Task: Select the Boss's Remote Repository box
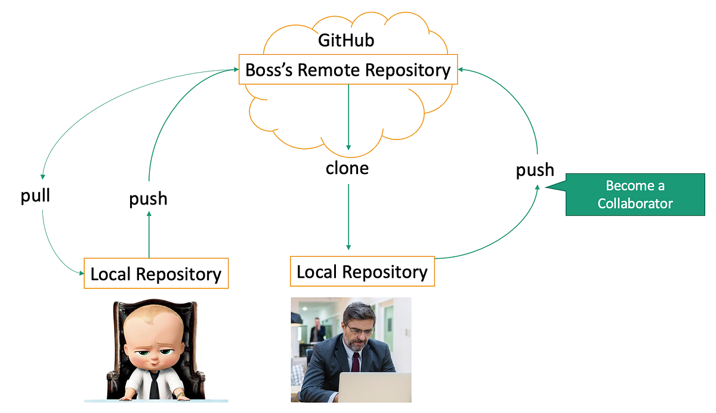pyautogui.click(x=348, y=70)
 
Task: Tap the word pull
pyautogui.click(x=36, y=197)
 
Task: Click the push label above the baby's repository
pyautogui.click(x=148, y=198)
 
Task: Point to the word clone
pyautogui.click(x=347, y=168)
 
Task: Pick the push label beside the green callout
pyautogui.click(x=535, y=170)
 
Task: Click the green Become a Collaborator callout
pyautogui.click(x=635, y=195)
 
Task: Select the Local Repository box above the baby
pyautogui.click(x=156, y=274)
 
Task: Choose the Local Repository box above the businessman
pyautogui.click(x=362, y=272)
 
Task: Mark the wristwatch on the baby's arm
pyautogui.click(x=180, y=395)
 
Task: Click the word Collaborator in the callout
pyautogui.click(x=635, y=203)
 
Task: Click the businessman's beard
pyautogui.click(x=357, y=342)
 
